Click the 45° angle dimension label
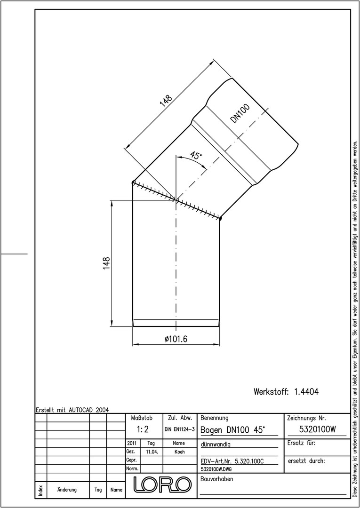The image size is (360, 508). tap(196, 155)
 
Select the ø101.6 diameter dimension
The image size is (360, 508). tap(176, 339)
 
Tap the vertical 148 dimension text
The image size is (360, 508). tap(106, 263)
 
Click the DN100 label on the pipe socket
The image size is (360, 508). tap(240, 113)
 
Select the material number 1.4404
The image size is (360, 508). tap(306, 392)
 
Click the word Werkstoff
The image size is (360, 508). tap(271, 392)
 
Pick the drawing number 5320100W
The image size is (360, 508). tap(317, 429)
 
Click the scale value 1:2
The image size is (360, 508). tap(143, 429)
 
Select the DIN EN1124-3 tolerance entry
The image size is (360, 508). tap(179, 429)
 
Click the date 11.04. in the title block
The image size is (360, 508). tap(152, 452)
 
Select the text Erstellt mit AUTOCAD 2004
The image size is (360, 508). tap(72, 410)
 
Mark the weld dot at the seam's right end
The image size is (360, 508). tap(220, 219)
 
